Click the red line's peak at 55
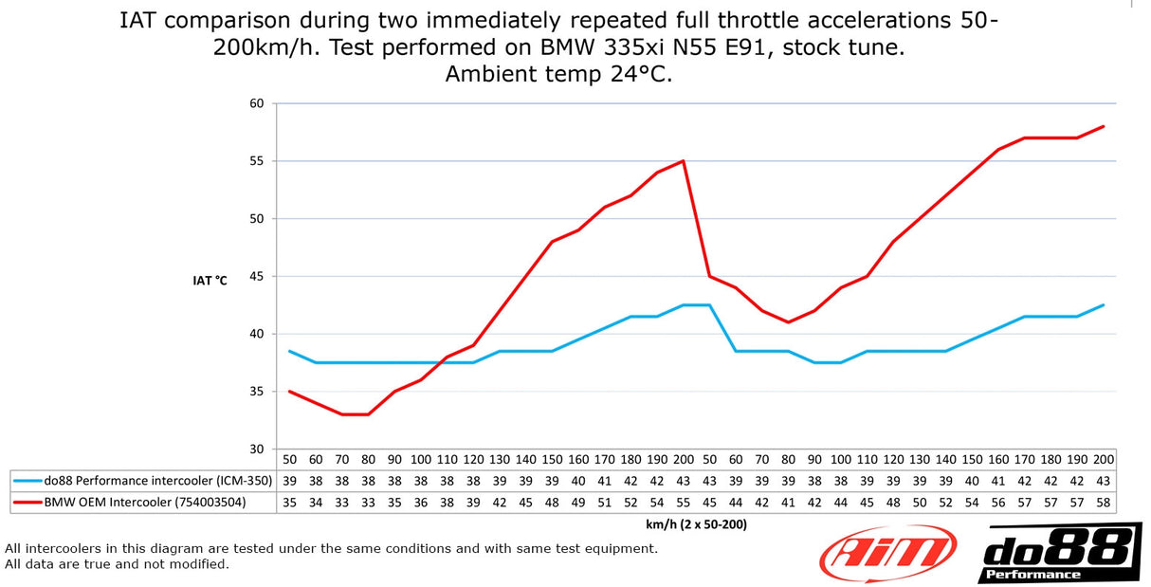[684, 161]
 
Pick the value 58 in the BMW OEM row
[1104, 503]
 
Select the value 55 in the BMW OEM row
[684, 503]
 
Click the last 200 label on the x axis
[1104, 459]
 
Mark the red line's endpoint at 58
[1104, 126]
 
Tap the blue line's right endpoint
[1104, 305]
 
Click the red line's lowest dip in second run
[789, 322]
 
